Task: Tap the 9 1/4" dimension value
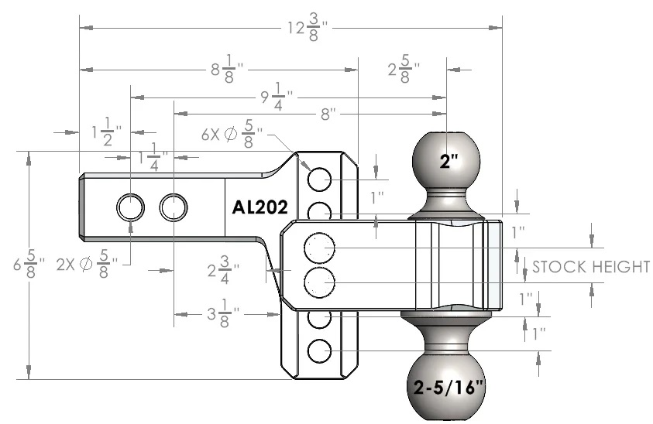[276, 98]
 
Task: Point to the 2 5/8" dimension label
[404, 69]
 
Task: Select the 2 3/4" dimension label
[223, 272]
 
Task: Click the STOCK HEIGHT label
[591, 268]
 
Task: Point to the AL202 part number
[260, 207]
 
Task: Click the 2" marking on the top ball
[449, 162]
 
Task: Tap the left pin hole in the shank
[130, 207]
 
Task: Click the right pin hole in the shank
[174, 207]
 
